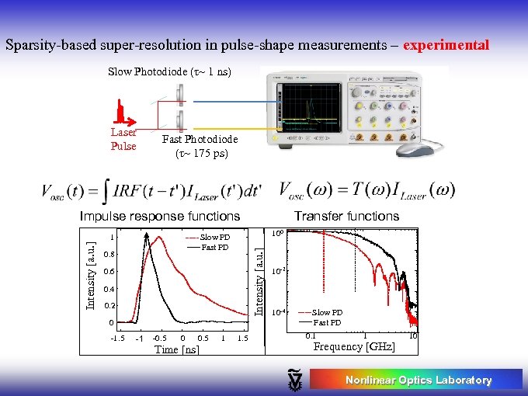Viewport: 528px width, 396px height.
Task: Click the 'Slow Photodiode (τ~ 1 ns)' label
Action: (170, 72)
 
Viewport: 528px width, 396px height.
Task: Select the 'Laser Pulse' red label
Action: (123, 139)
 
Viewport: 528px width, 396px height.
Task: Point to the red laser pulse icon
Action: (121, 113)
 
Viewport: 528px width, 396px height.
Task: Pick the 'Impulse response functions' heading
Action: (160, 216)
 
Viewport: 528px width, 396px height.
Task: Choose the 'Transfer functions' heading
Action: (346, 216)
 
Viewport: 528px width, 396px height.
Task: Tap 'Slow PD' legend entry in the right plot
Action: (326, 312)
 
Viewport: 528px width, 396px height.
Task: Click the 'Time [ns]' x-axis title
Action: (176, 349)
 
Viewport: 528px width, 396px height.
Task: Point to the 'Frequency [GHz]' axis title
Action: (353, 346)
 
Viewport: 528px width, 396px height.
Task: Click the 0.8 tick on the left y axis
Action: (109, 255)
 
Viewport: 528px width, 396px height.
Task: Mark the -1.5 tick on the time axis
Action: (117, 339)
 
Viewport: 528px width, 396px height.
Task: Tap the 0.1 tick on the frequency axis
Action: (309, 335)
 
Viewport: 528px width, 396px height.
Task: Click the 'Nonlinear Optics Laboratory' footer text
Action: (418, 380)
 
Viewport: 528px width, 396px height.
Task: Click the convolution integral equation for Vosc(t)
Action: (151, 191)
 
